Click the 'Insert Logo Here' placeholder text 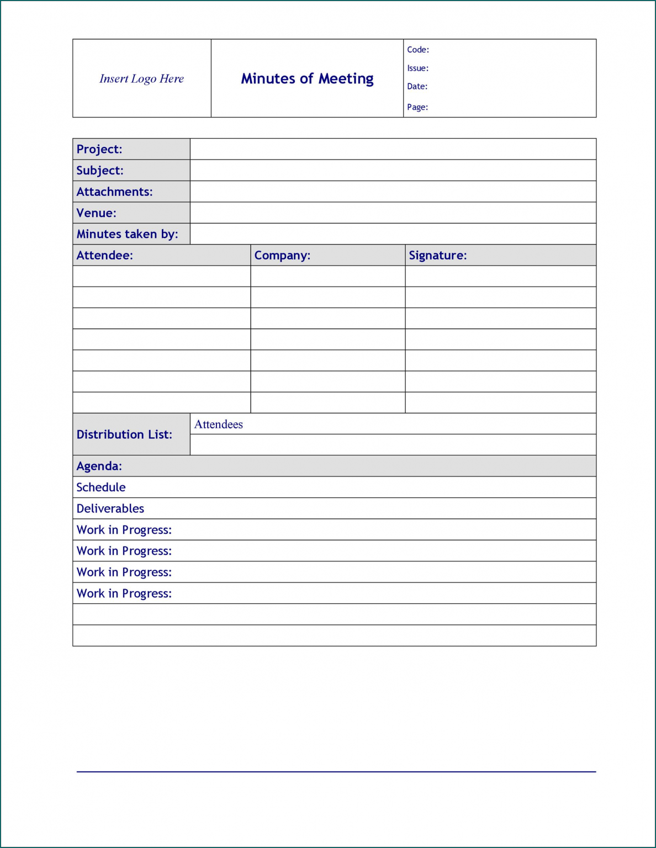pos(141,79)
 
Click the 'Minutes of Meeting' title pos(307,79)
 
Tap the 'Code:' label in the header pos(418,50)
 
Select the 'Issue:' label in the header pos(417,68)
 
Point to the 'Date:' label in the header pos(417,87)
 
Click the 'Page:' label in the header pos(417,107)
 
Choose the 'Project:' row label pos(99,149)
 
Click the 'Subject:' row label pos(100,171)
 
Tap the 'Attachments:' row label pos(114,192)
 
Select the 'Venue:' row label pos(96,213)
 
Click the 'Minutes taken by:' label pos(127,234)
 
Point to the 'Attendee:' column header pos(104,255)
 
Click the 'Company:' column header pos(282,255)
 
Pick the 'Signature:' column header pos(437,255)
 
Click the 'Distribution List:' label pos(124,434)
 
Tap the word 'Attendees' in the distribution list pos(218,424)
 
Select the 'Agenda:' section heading pos(99,466)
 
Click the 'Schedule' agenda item pos(101,487)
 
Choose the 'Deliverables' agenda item pos(110,508)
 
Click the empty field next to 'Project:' pos(393,149)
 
